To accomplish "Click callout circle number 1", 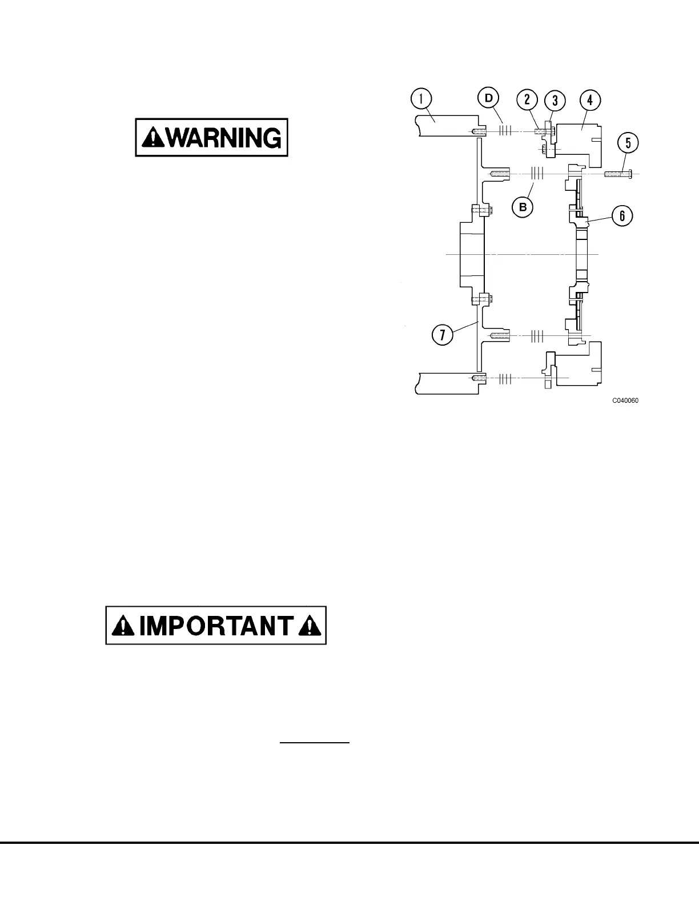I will coord(421,100).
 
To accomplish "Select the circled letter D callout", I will coord(488,99).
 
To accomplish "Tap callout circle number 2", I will coord(527,100).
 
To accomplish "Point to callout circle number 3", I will coord(554,101).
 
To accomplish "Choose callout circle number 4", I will coord(591,101).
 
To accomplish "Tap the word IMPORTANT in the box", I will coord(216,626).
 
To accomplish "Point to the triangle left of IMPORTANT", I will coord(122,627).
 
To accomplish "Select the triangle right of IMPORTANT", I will coord(311,627).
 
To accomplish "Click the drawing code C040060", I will coord(625,401).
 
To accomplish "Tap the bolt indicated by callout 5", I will coord(616,173).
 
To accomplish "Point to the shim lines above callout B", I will coord(536,172).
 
